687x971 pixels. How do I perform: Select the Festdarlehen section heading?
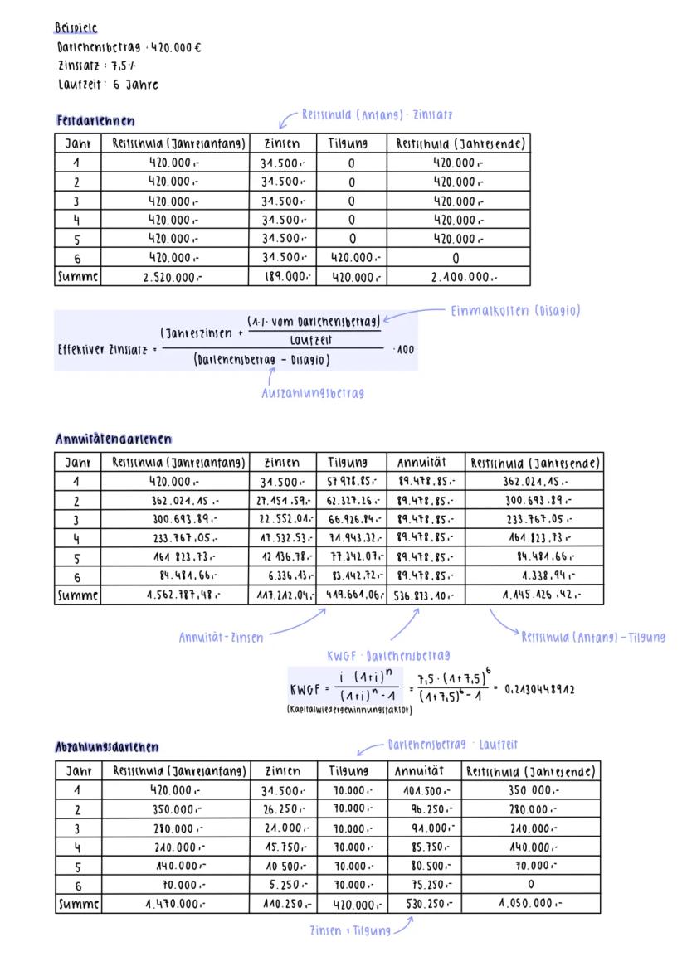tap(95, 121)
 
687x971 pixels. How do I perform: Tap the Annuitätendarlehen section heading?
tap(113, 439)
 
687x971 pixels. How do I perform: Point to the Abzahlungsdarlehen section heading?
tap(106, 747)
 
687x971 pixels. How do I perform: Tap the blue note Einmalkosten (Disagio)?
tap(514, 311)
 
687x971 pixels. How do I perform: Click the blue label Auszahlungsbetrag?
tap(312, 393)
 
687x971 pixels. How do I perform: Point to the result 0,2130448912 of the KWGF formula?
tap(539, 688)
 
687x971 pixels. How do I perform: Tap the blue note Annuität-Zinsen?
tap(221, 638)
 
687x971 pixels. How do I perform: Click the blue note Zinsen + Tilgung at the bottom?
tap(349, 930)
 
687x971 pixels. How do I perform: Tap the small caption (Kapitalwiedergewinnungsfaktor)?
tap(350, 711)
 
